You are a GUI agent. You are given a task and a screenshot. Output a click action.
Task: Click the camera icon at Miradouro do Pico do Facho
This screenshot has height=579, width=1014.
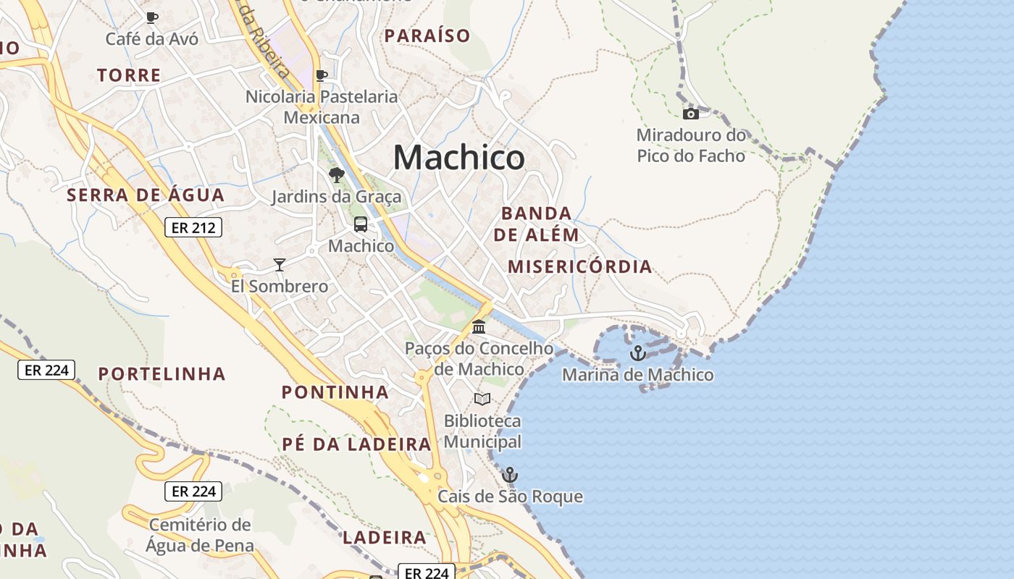point(691,114)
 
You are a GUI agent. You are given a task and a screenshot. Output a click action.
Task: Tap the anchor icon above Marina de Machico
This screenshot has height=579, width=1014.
point(637,353)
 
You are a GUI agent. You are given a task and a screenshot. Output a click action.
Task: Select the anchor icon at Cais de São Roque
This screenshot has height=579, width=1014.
point(510,475)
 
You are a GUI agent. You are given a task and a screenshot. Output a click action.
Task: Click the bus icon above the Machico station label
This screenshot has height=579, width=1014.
point(361,224)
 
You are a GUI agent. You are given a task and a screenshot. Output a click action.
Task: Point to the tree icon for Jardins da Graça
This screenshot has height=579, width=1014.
point(336,174)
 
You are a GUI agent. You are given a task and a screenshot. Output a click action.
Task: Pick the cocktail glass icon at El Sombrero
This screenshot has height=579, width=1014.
point(280,265)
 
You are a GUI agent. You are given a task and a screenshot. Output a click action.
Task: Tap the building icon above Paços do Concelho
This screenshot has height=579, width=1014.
point(479,327)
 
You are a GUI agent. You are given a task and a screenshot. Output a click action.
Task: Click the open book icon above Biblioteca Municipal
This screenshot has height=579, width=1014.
point(482,399)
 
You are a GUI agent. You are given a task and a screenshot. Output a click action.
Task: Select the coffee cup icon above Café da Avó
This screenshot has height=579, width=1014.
point(151,17)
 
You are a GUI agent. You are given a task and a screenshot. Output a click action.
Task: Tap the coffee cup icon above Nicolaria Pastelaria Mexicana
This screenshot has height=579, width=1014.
point(322,75)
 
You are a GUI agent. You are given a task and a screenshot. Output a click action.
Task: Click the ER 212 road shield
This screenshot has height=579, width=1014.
point(193,228)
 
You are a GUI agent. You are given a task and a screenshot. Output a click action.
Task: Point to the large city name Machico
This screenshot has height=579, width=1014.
point(458,157)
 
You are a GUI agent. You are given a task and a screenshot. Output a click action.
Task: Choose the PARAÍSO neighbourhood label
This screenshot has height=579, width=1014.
point(427,35)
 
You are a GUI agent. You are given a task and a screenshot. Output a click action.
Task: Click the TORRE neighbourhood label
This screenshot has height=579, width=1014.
point(129,75)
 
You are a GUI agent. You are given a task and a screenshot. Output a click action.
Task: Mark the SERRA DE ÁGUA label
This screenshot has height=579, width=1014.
point(146,195)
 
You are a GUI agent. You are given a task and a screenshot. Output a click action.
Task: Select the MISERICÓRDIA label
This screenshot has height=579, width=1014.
point(579,266)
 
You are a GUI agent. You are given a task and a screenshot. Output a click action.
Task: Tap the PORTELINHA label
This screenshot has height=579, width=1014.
point(162,374)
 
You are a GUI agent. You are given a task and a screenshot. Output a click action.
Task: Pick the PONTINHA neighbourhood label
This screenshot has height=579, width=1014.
point(335,392)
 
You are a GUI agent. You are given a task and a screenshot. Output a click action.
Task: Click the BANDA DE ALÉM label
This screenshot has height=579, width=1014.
point(537,224)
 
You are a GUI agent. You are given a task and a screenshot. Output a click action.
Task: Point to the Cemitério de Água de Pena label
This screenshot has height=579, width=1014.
point(200,535)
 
